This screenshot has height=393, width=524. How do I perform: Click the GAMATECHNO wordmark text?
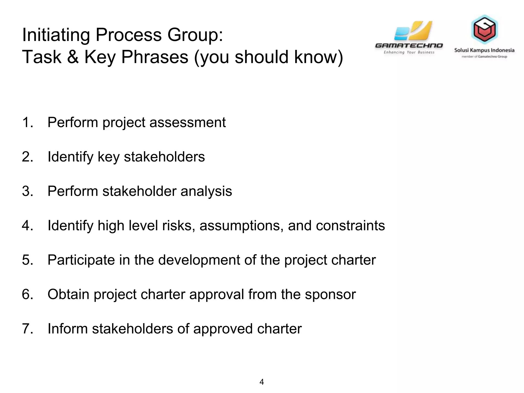(409, 46)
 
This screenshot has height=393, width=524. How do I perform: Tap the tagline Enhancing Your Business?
(409, 52)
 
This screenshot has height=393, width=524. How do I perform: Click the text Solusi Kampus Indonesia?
(484, 50)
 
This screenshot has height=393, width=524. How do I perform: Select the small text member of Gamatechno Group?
(484, 57)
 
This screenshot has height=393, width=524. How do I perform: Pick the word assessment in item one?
(188, 122)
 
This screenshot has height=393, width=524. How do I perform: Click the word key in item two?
(108, 157)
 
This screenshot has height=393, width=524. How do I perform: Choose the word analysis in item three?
(206, 191)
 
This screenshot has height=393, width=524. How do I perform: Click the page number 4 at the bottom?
(261, 382)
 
